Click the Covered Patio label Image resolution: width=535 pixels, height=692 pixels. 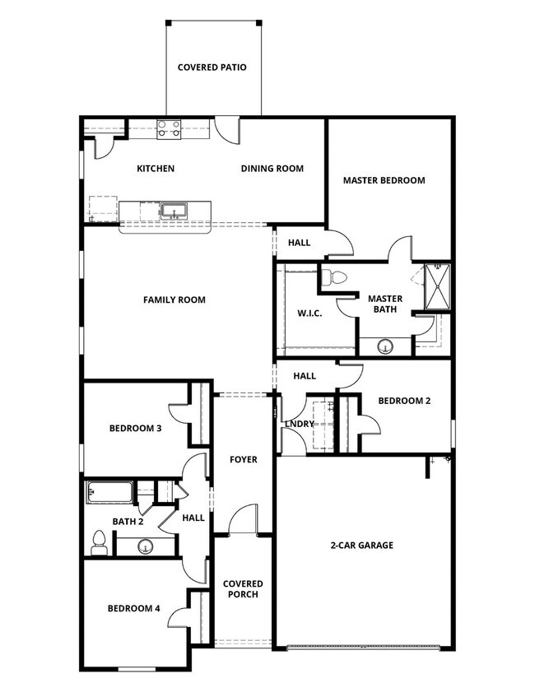(x=212, y=67)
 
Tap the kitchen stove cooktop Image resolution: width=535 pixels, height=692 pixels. (x=169, y=128)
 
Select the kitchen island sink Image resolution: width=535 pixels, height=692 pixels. (x=173, y=211)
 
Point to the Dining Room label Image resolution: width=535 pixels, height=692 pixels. (x=272, y=169)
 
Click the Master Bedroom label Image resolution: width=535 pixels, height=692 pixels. (x=384, y=180)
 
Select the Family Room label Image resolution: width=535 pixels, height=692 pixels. (x=174, y=300)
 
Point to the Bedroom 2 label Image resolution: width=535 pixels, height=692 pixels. (x=404, y=401)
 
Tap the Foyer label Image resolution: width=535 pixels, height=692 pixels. (x=243, y=459)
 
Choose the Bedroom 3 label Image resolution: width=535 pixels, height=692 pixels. (x=135, y=428)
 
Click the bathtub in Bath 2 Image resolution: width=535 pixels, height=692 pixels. (x=110, y=494)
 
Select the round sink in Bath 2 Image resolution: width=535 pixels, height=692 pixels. (x=145, y=545)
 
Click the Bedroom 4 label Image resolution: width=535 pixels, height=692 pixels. (x=133, y=609)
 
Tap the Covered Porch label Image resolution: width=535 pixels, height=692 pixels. (x=243, y=589)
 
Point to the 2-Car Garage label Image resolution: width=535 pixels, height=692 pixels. (x=362, y=545)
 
